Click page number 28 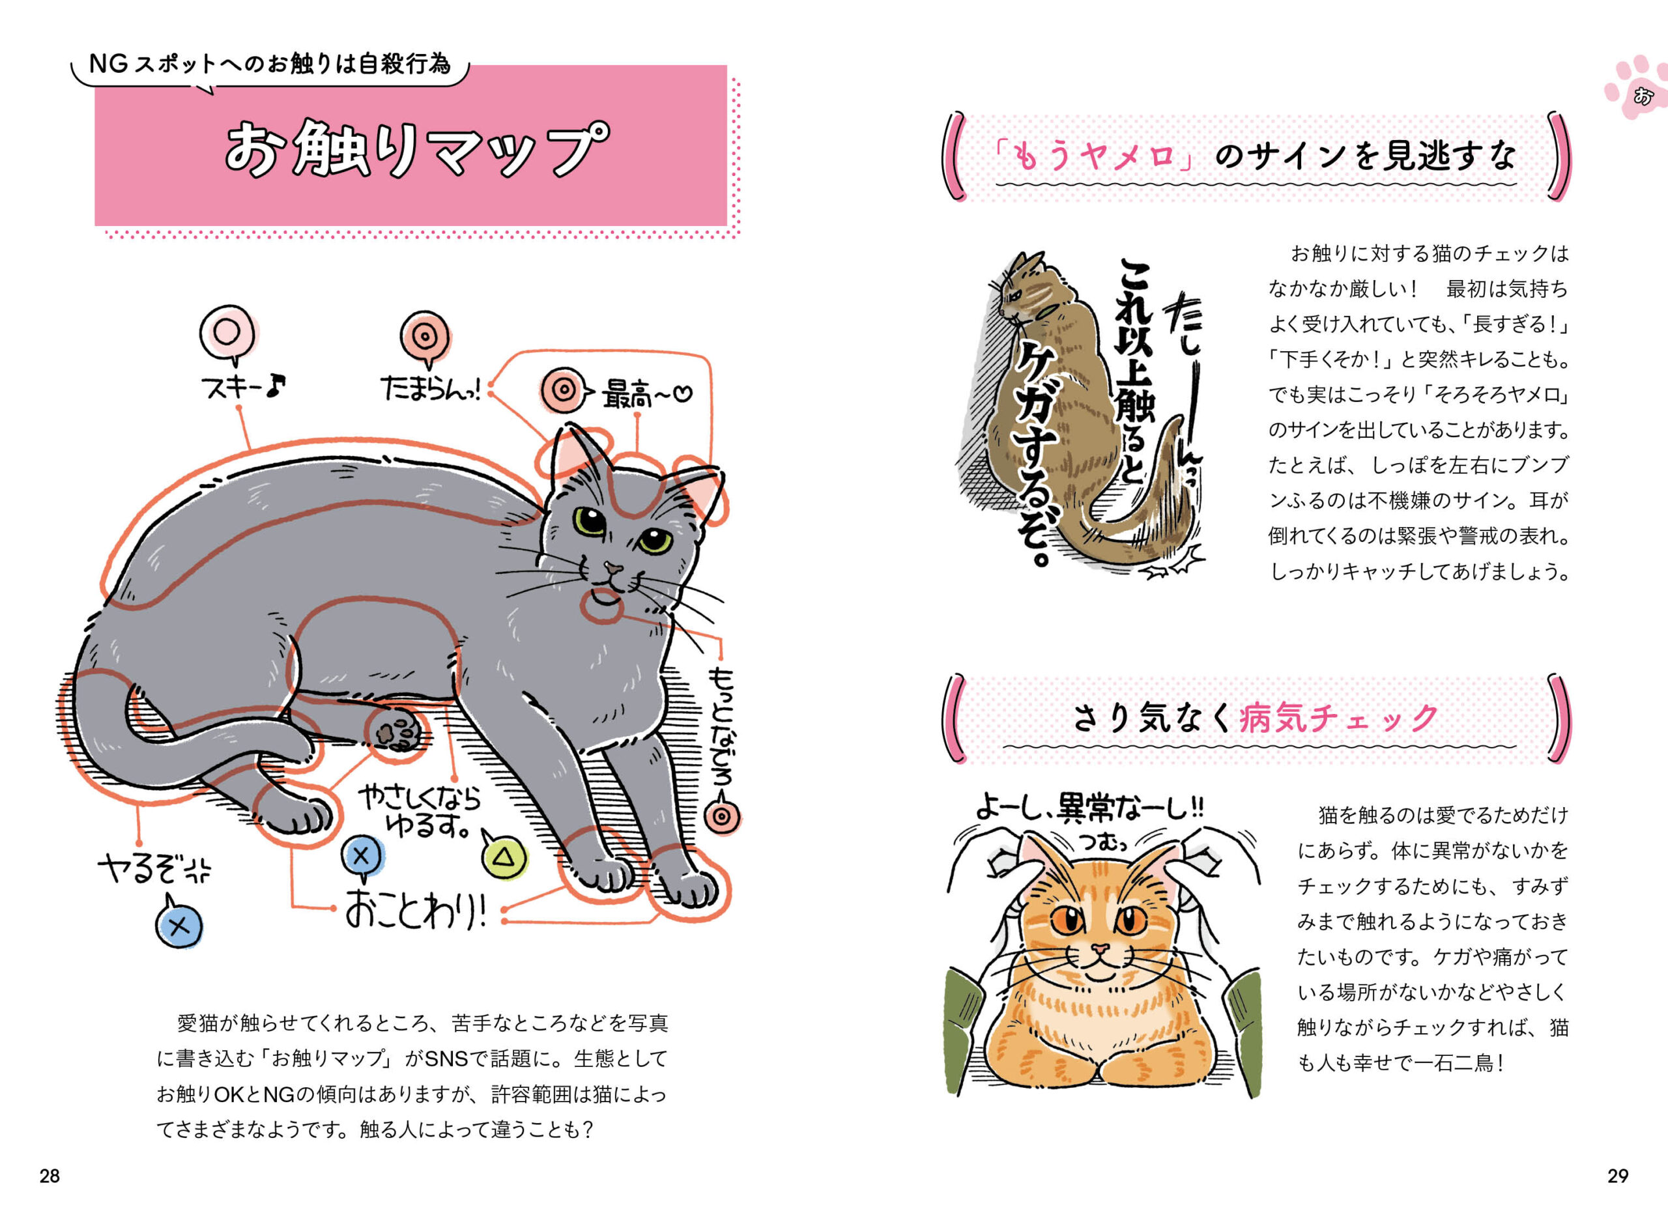50,1176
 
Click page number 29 1618,1176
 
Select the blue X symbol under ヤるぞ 179,926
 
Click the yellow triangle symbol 504,858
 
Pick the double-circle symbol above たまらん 425,336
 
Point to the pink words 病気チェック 1338,718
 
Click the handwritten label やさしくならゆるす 420,811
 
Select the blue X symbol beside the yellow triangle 361,856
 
